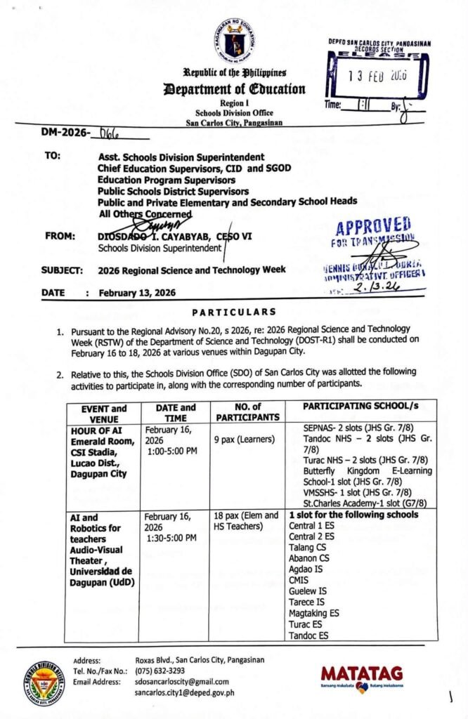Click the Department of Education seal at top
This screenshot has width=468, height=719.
pyautogui.click(x=234, y=40)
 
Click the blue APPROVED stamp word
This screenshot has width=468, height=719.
pyautogui.click(x=373, y=227)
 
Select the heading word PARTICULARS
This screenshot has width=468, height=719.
pyautogui.click(x=234, y=312)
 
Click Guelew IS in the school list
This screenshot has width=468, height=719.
pyautogui.click(x=307, y=591)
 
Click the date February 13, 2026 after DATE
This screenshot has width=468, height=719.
pyautogui.click(x=137, y=293)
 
